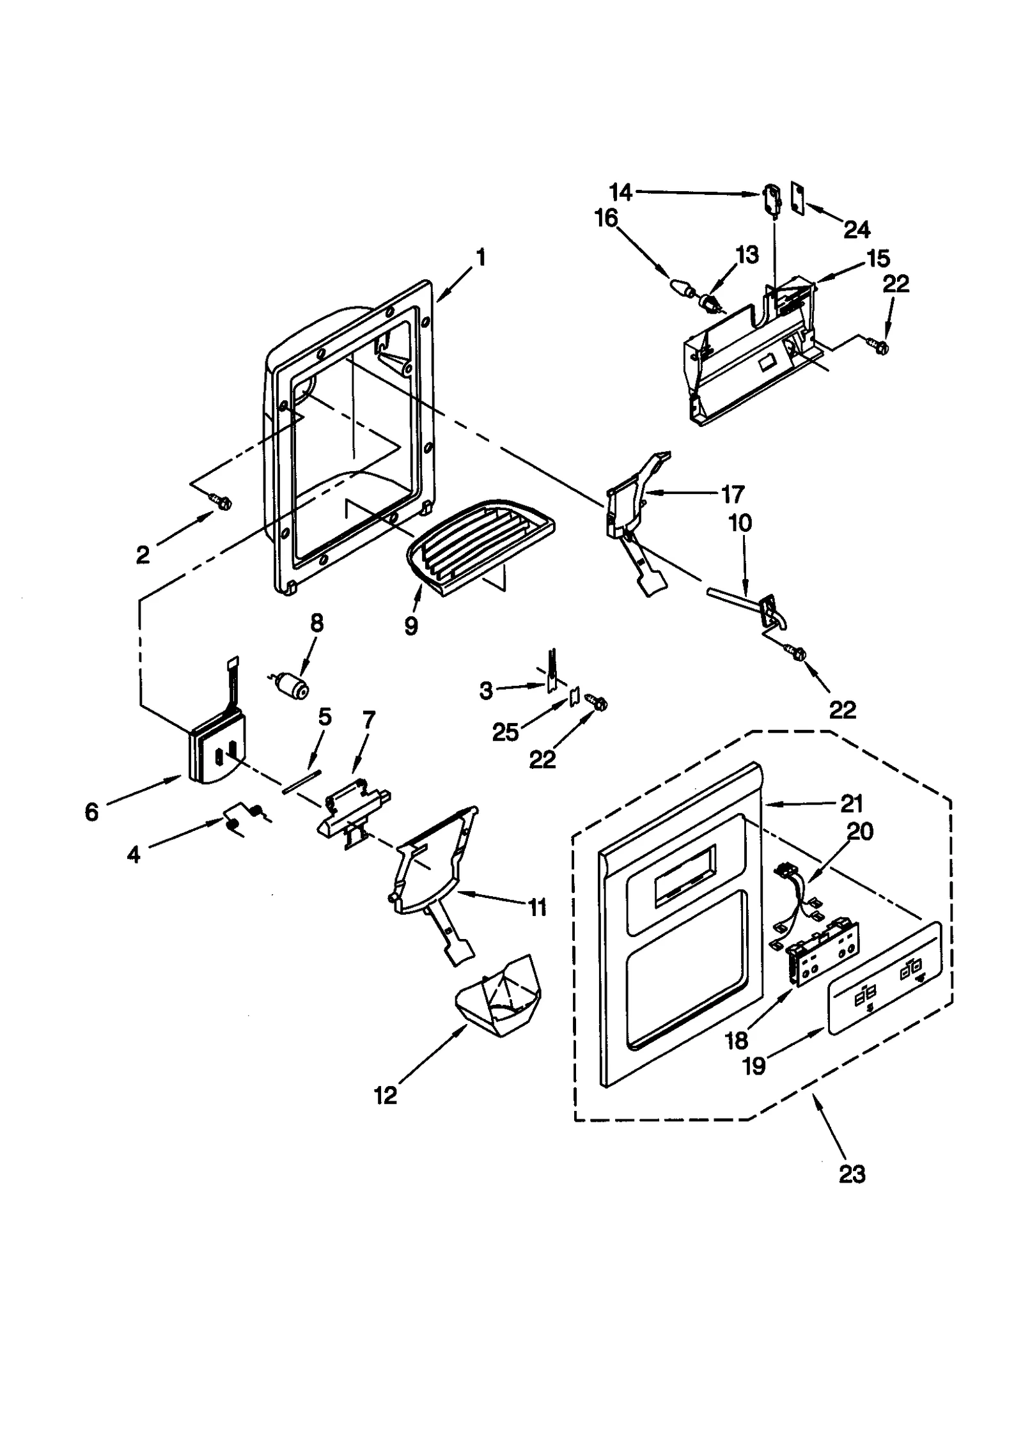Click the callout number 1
click(x=480, y=258)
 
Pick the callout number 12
click(x=386, y=1095)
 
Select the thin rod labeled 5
click(x=301, y=781)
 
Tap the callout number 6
click(x=91, y=812)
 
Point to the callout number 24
click(x=857, y=229)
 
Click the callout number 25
click(x=504, y=733)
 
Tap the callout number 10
click(x=740, y=523)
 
